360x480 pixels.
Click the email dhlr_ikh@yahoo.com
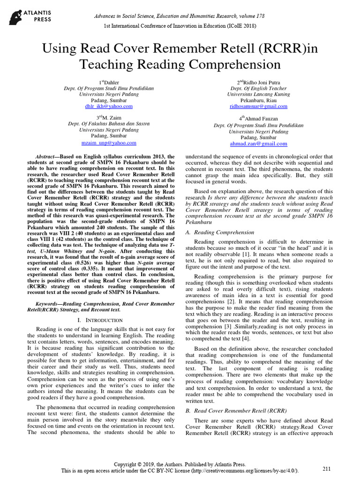[x=109, y=106]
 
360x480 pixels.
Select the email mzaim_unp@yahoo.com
[x=109, y=142]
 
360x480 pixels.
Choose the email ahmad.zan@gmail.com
[x=259, y=144]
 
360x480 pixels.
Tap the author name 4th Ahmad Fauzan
[x=259, y=119]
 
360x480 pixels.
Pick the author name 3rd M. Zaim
[x=109, y=118]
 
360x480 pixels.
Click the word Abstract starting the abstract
[x=47, y=156]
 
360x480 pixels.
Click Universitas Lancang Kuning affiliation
[x=259, y=94]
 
